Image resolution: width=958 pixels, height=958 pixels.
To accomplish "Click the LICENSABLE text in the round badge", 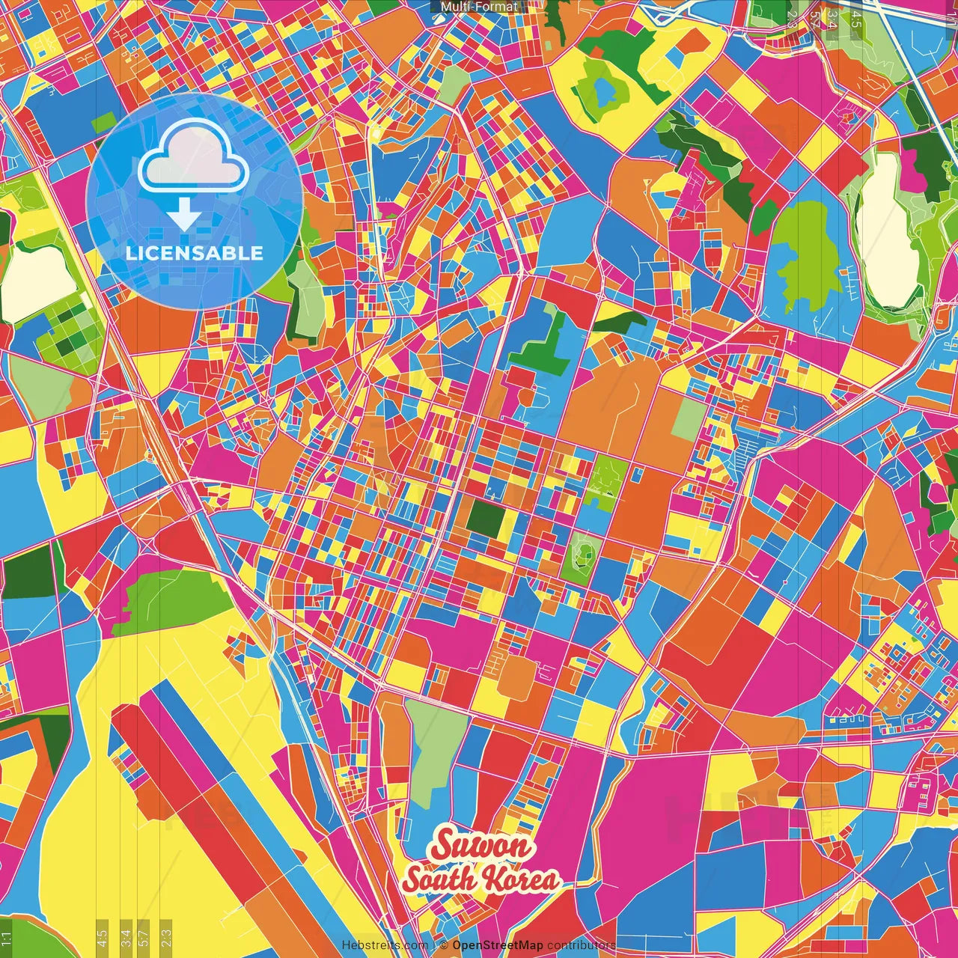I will [x=195, y=253].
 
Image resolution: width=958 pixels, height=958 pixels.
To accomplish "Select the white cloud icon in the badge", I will [x=193, y=157].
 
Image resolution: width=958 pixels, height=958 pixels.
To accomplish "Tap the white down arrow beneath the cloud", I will [x=183, y=216].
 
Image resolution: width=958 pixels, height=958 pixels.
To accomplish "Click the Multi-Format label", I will [x=479, y=7].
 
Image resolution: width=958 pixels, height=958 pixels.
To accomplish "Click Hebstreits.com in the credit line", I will [x=385, y=945].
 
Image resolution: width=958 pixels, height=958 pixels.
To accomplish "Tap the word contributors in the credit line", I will [x=581, y=945].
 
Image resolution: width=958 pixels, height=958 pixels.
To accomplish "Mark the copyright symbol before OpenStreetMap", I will [x=443, y=945].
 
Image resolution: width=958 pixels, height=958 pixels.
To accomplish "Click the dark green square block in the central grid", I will [x=485, y=517].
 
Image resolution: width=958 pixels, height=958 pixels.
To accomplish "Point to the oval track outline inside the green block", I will [x=582, y=555].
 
